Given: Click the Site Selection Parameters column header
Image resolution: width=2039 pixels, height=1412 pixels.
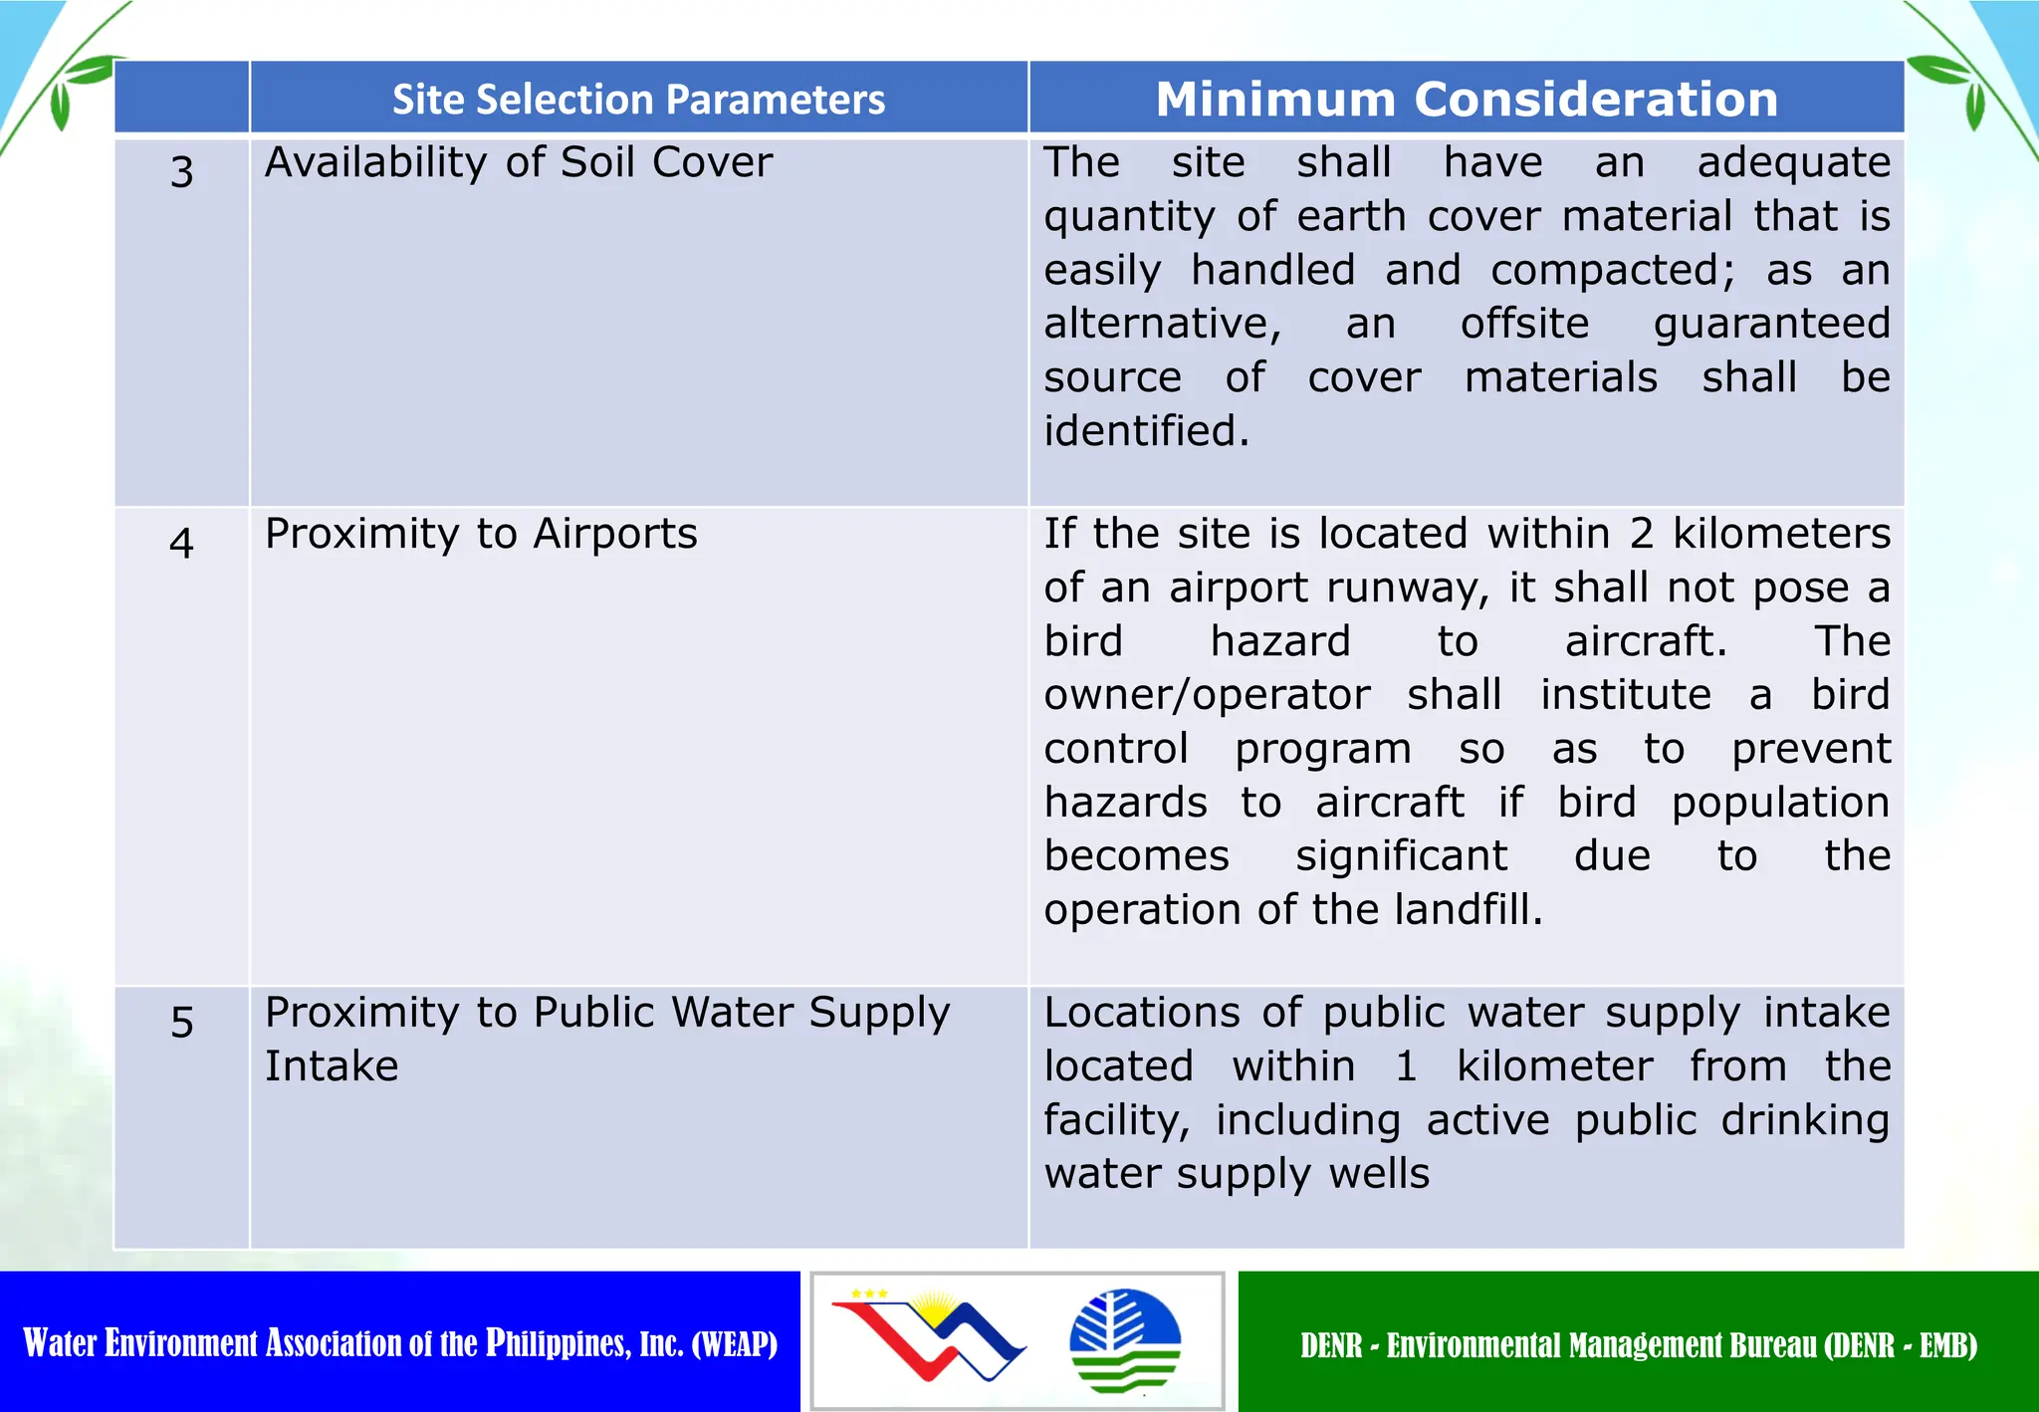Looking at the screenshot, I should tap(638, 100).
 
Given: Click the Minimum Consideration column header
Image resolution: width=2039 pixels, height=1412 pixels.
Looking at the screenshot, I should tap(1467, 100).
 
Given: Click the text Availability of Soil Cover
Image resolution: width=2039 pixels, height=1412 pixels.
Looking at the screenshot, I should tap(518, 162).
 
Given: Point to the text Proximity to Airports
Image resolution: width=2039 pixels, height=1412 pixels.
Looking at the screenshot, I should tap(481, 534).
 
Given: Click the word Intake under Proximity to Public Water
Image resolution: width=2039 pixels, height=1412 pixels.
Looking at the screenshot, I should tap(332, 1066).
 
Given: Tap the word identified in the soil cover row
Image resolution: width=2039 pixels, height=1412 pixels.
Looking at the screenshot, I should tap(1145, 431).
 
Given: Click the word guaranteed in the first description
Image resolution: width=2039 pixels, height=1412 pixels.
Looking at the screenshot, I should tap(1771, 324).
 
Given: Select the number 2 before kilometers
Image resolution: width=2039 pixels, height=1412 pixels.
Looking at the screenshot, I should tap(1641, 534).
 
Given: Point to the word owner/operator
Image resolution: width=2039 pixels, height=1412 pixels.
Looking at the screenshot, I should tap(1207, 695).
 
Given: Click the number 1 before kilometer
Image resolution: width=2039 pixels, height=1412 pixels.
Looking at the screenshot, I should tap(1406, 1066).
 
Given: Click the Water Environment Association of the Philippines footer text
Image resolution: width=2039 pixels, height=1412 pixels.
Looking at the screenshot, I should tap(400, 1343).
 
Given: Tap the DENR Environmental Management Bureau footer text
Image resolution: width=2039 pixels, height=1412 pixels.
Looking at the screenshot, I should tap(1638, 1345).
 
